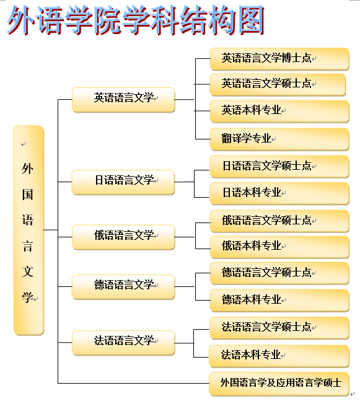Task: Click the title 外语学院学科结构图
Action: [x=136, y=20]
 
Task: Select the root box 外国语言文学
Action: [x=29, y=230]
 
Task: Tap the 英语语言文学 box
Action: [x=123, y=100]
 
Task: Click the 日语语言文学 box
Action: [x=123, y=182]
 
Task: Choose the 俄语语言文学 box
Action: [x=123, y=237]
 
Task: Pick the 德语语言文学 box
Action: [x=123, y=287]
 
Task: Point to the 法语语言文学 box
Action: [x=123, y=343]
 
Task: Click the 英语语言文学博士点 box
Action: [x=279, y=59]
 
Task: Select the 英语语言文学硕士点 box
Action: [x=278, y=85]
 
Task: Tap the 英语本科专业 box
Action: [x=279, y=112]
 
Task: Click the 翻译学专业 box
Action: [x=279, y=139]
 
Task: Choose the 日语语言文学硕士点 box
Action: [x=279, y=167]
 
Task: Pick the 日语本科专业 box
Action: [x=279, y=193]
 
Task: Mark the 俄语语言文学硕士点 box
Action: [x=279, y=221]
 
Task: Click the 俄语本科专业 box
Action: [x=279, y=247]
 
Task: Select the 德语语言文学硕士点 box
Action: [x=279, y=273]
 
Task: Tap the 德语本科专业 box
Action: [x=279, y=301]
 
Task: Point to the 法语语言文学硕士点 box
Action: [x=279, y=328]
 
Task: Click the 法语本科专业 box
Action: [x=279, y=356]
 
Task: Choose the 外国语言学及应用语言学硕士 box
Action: [x=279, y=384]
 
